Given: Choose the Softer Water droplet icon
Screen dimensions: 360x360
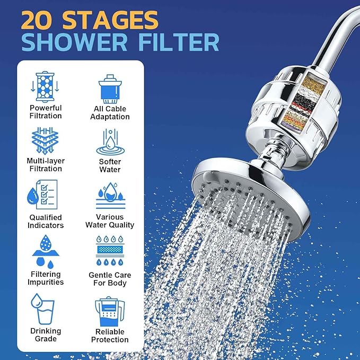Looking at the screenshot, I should pos(109,142).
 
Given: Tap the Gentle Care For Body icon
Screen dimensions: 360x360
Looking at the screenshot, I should pos(110,252).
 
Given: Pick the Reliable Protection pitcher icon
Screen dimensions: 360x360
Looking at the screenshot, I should pos(110,311).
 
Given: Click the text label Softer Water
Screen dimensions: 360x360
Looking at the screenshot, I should pos(110,165).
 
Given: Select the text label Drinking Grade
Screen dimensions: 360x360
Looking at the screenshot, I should pos(45,335).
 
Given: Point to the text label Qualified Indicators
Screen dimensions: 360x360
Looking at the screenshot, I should pos(45,221).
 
